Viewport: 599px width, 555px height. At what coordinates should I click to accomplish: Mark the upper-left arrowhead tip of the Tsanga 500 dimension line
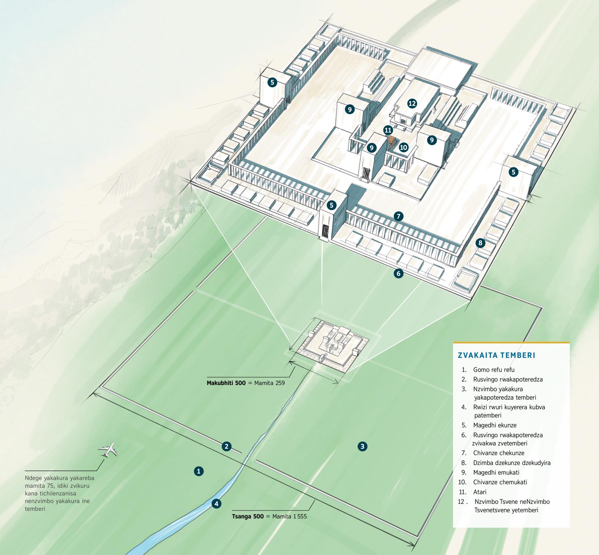click(x=93, y=394)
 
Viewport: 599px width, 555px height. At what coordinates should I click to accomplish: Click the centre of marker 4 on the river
click(x=216, y=504)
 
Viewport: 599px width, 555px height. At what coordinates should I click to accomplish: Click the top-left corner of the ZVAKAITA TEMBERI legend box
click(x=453, y=342)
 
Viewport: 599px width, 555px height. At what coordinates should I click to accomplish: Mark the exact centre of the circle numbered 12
click(x=412, y=103)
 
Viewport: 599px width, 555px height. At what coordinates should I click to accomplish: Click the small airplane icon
click(x=108, y=450)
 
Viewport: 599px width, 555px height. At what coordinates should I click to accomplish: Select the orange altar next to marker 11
click(x=392, y=141)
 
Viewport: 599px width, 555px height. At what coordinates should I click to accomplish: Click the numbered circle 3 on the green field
click(x=362, y=446)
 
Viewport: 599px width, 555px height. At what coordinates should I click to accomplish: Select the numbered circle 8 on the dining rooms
click(x=480, y=243)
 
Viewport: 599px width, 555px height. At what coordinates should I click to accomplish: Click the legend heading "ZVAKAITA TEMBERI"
click(x=497, y=355)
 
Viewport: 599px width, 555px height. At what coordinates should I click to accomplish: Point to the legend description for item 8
click(x=512, y=463)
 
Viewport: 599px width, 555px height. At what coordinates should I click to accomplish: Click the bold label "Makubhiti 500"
click(x=226, y=383)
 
